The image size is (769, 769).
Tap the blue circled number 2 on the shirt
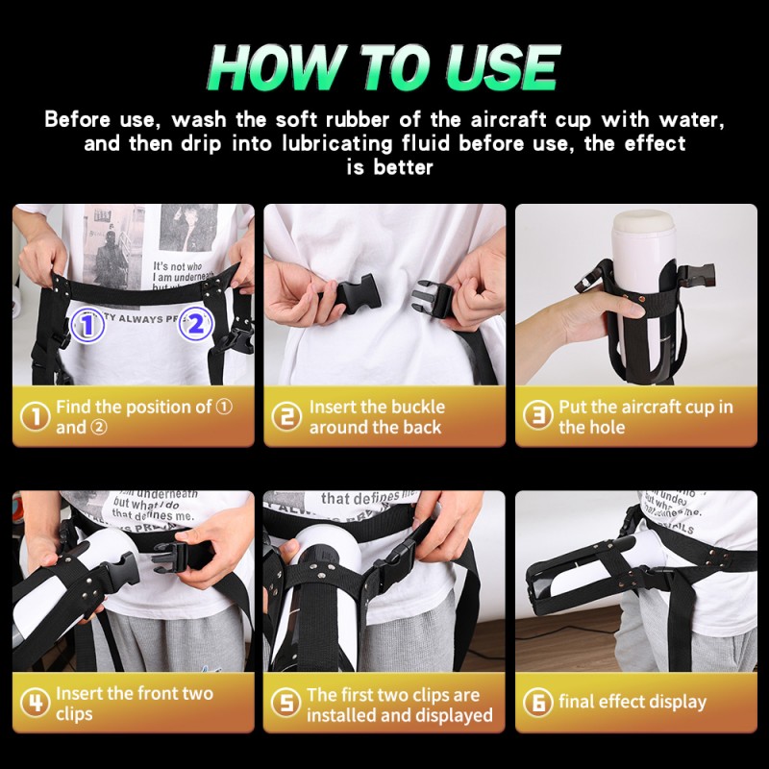click(x=195, y=324)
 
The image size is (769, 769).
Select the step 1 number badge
click(x=36, y=416)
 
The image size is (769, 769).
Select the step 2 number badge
click(x=286, y=416)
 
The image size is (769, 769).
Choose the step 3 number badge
click(x=537, y=416)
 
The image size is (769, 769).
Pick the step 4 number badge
click(x=36, y=703)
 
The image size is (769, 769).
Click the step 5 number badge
click(x=286, y=703)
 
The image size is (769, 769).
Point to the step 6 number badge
click(x=537, y=703)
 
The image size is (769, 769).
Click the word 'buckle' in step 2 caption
click(x=411, y=407)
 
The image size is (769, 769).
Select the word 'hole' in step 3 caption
click(x=607, y=427)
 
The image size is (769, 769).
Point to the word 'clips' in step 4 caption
click(x=75, y=714)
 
